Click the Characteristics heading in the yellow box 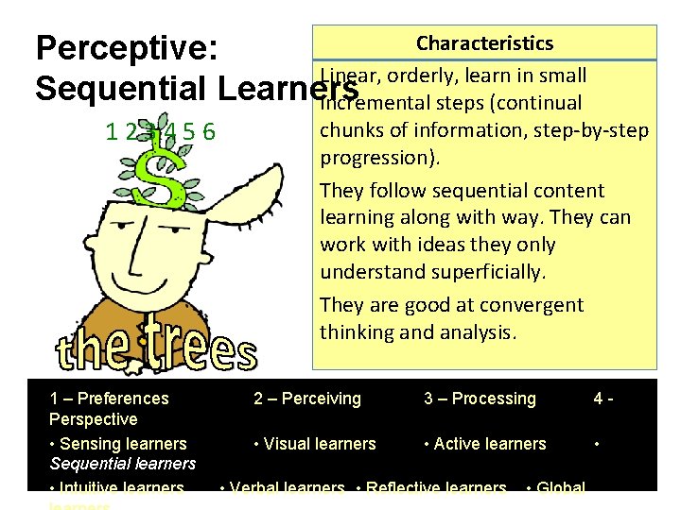click(x=484, y=43)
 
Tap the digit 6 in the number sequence click(x=210, y=133)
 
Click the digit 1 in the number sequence click(x=112, y=133)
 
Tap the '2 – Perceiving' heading click(x=307, y=399)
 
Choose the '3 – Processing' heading click(x=480, y=399)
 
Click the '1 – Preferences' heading click(x=109, y=399)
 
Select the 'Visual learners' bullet click(x=315, y=443)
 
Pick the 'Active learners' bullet click(x=485, y=443)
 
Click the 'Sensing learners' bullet click(x=118, y=443)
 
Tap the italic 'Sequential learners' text click(x=122, y=464)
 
